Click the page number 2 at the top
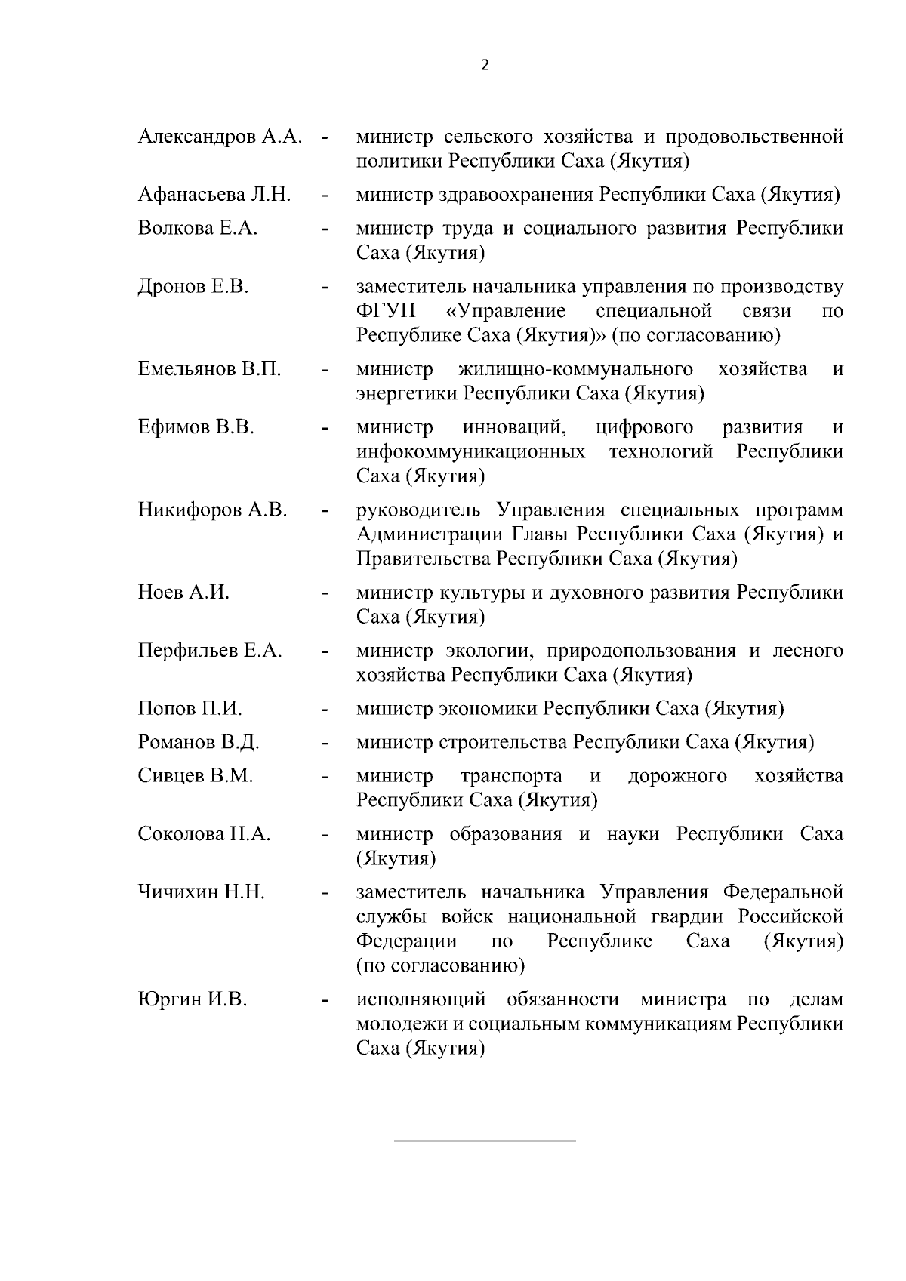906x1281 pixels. [485, 65]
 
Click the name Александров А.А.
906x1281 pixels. [220, 137]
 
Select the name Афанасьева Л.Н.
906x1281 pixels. [214, 195]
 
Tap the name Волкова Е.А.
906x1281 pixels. [198, 228]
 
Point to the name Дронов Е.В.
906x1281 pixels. [193, 286]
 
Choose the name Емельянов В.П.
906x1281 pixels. [209, 369]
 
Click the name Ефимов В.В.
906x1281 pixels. [196, 427]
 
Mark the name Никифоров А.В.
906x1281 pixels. [212, 510]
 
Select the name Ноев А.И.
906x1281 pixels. [183, 593]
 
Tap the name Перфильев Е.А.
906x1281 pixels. [210, 651]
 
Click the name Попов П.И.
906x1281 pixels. [190, 709]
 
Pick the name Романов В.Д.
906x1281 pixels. [199, 742]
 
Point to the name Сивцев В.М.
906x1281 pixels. [196, 775]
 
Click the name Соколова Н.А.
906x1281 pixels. [204, 834]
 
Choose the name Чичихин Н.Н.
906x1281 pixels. [201, 892]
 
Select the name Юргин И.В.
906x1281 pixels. [192, 1000]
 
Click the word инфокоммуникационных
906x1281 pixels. [471, 452]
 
